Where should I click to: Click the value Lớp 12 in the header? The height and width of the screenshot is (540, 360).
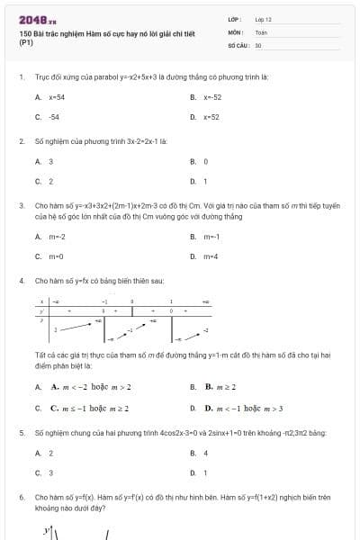[263, 19]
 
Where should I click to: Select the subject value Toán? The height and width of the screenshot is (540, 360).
[261, 31]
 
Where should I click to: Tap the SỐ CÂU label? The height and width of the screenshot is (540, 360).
[237, 44]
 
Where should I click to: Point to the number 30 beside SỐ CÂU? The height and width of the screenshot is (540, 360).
[258, 44]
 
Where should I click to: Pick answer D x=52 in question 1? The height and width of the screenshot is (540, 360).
[211, 116]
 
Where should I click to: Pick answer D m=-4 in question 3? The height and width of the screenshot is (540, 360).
[211, 256]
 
